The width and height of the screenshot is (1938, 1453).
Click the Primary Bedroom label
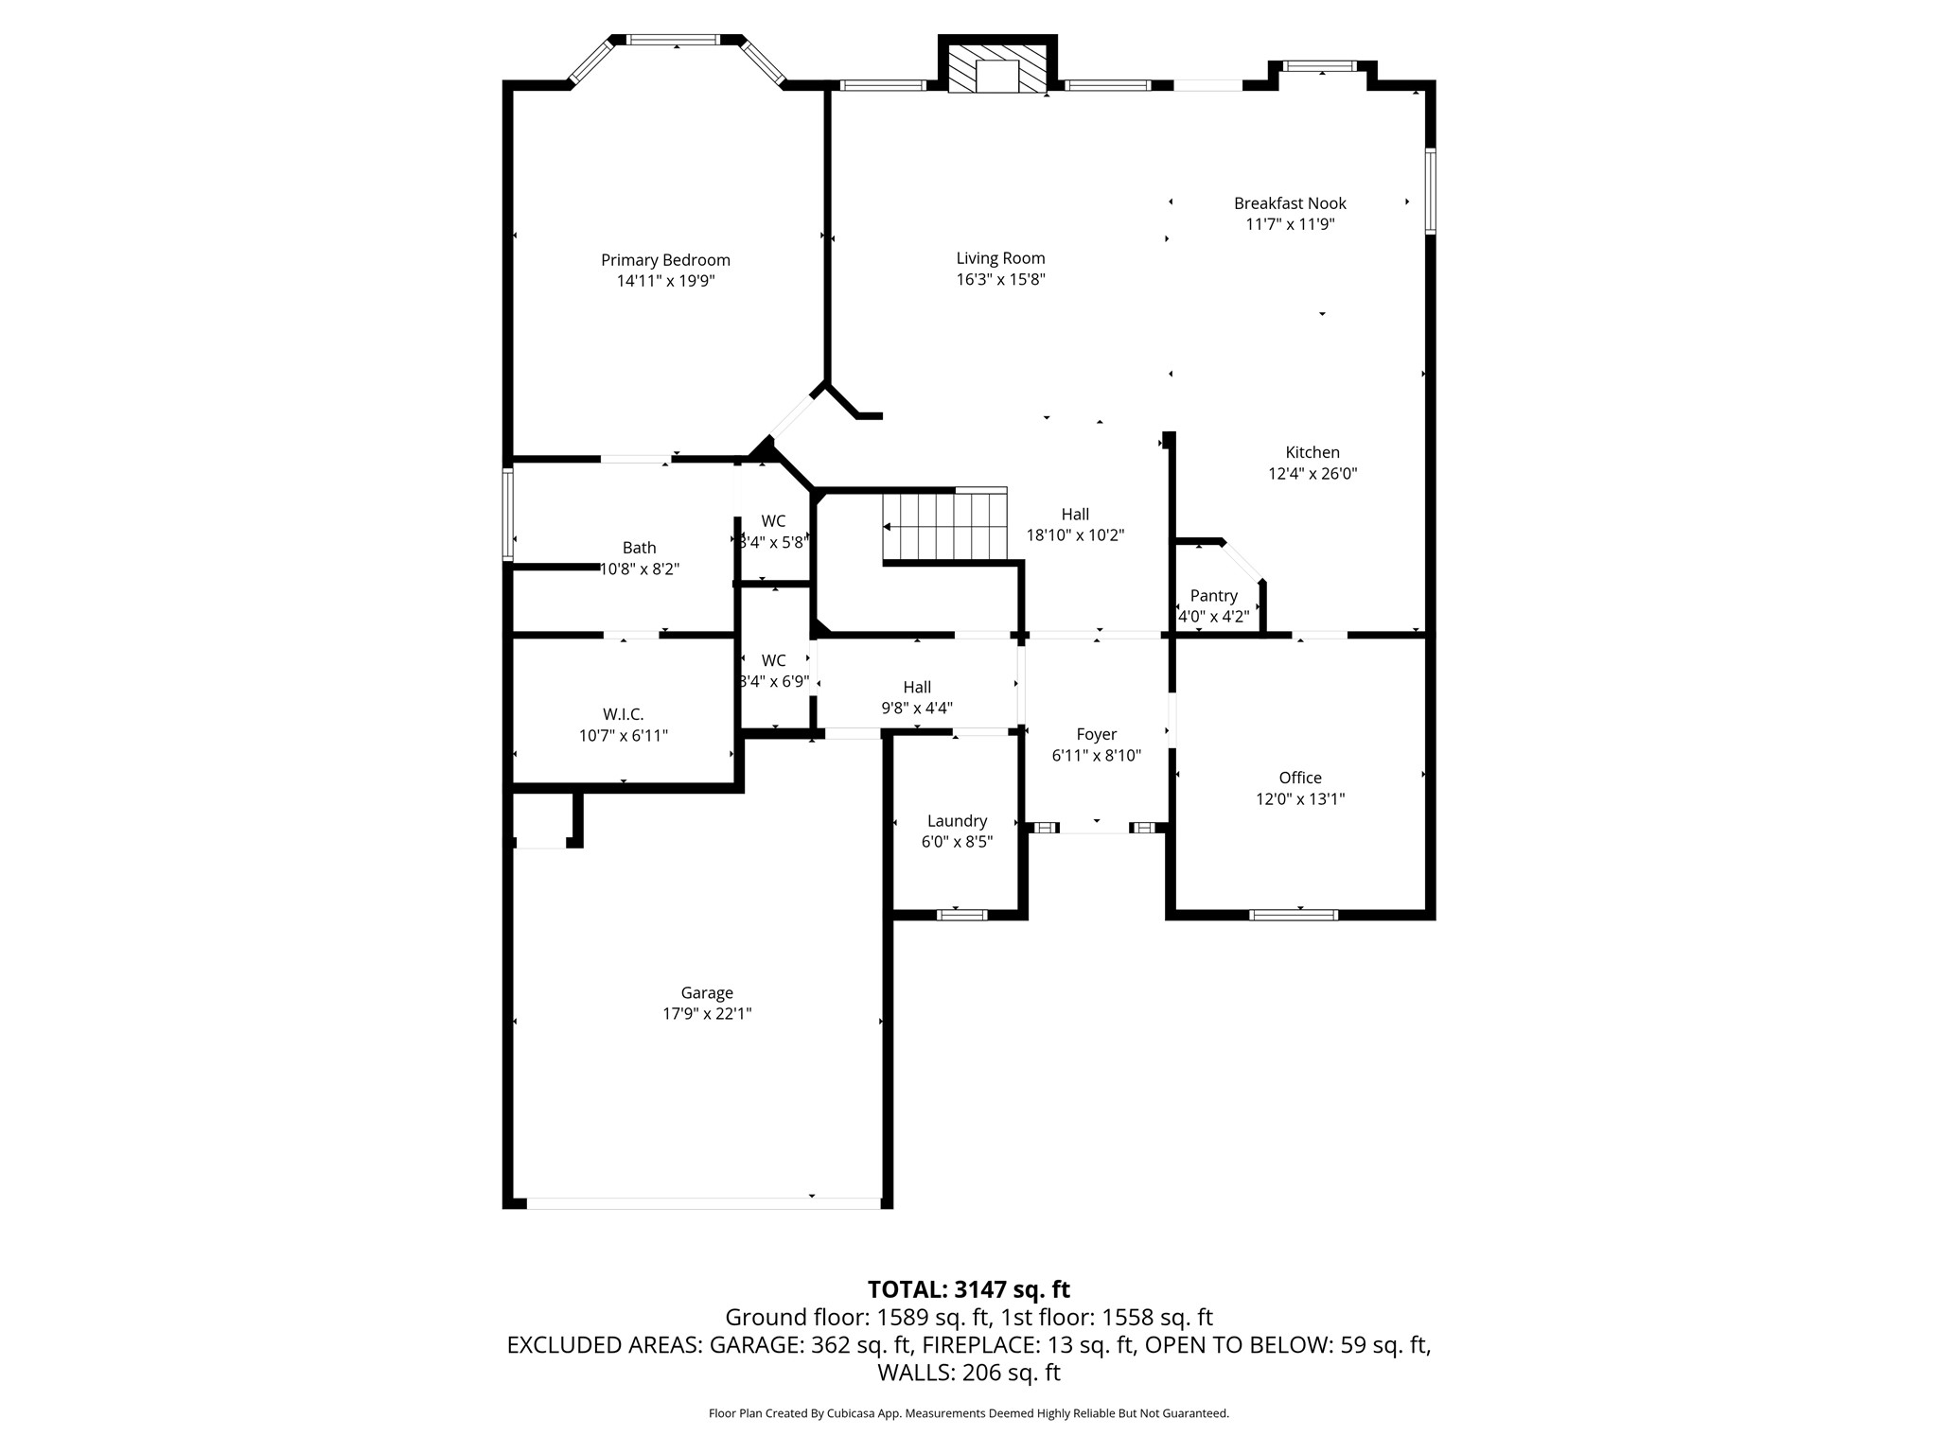coord(665,260)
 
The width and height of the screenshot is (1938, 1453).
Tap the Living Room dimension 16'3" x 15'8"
coord(1000,280)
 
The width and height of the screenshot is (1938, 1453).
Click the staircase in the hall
coord(944,527)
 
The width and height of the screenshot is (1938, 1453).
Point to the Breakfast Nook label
coord(1289,203)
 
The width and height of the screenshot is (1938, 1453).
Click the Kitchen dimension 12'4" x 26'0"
coord(1313,474)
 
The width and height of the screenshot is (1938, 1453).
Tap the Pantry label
coord(1213,596)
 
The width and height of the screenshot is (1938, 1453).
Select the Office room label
coord(1299,778)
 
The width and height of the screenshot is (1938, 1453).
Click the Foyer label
coord(1096,734)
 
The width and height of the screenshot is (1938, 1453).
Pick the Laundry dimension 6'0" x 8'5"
coord(957,842)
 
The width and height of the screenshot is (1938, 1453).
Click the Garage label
coord(707,992)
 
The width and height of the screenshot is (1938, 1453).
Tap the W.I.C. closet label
coord(623,714)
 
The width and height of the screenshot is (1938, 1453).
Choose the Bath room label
coord(639,548)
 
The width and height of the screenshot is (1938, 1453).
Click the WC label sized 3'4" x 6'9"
coord(773,660)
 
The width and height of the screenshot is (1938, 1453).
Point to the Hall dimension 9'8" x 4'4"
coord(916,708)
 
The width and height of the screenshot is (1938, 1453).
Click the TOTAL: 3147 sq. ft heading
coord(968,1289)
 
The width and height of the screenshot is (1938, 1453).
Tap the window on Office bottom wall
coord(1293,915)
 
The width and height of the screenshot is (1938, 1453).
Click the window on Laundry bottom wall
coord(961,915)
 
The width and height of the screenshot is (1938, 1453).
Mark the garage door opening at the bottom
coord(703,1203)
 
